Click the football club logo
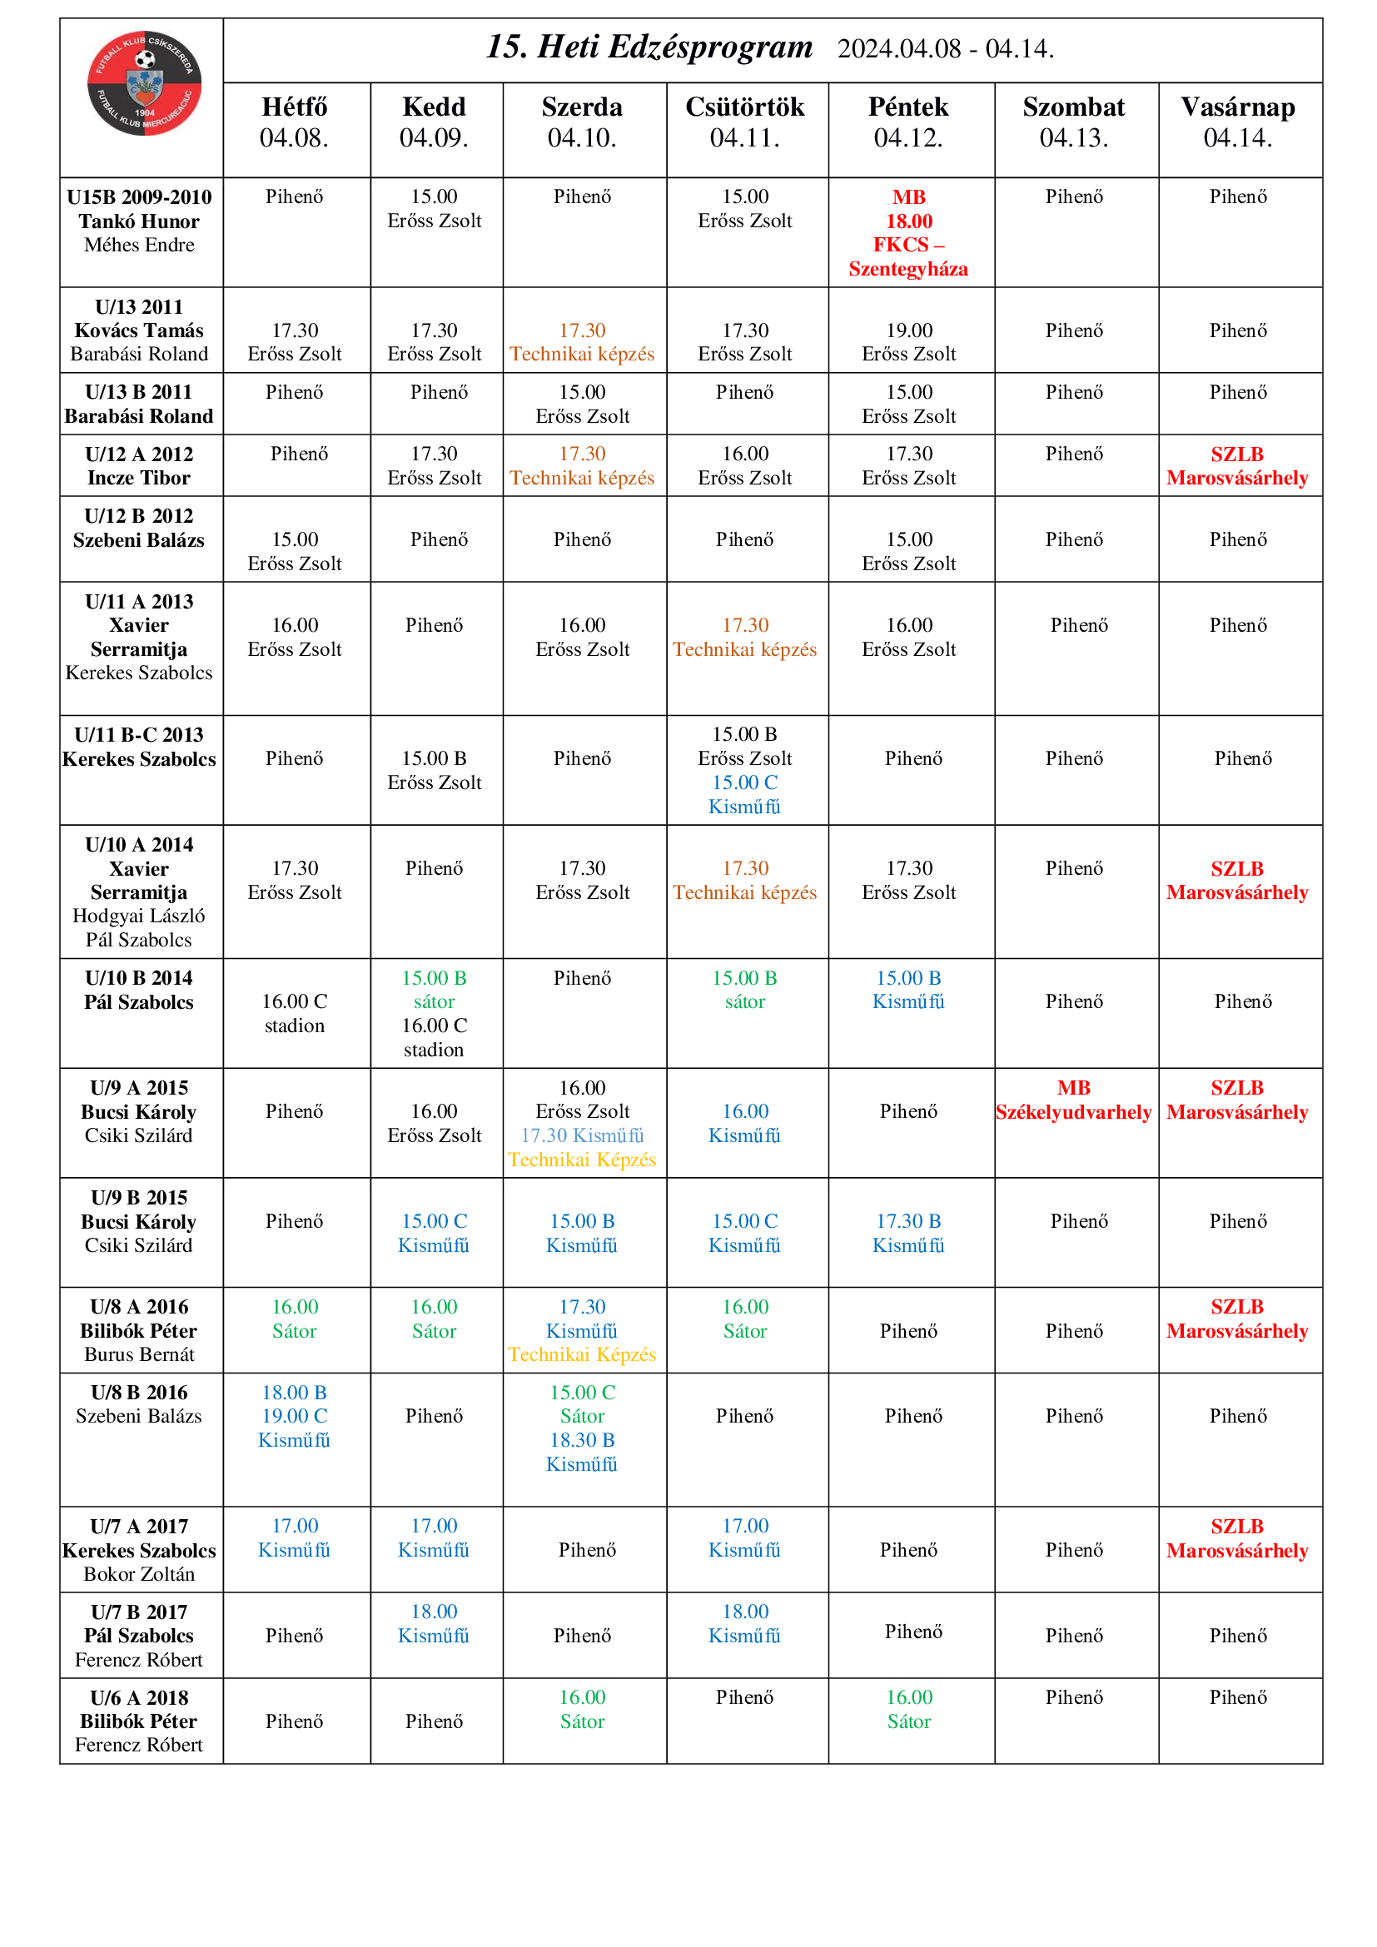(x=144, y=83)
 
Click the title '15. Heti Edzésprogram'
(x=649, y=47)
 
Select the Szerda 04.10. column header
(x=582, y=122)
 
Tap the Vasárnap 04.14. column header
(x=1237, y=122)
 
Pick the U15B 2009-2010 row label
(x=139, y=221)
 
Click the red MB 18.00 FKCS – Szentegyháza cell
(x=908, y=232)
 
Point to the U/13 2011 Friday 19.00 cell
(x=908, y=342)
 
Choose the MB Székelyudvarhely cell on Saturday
(x=1072, y=1099)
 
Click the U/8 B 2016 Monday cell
(x=294, y=1415)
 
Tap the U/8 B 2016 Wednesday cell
(x=582, y=1428)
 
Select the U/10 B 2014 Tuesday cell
(x=433, y=1013)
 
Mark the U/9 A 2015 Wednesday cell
(x=582, y=1123)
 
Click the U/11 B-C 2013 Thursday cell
(x=744, y=770)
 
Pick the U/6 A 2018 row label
(x=139, y=1721)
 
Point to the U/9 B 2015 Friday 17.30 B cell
(x=908, y=1232)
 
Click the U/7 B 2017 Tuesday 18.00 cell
(x=433, y=1623)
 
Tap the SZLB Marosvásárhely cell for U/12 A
(x=1237, y=465)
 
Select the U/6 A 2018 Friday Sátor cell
(x=908, y=1709)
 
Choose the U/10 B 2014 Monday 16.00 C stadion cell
(x=294, y=1013)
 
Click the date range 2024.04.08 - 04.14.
(x=946, y=49)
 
